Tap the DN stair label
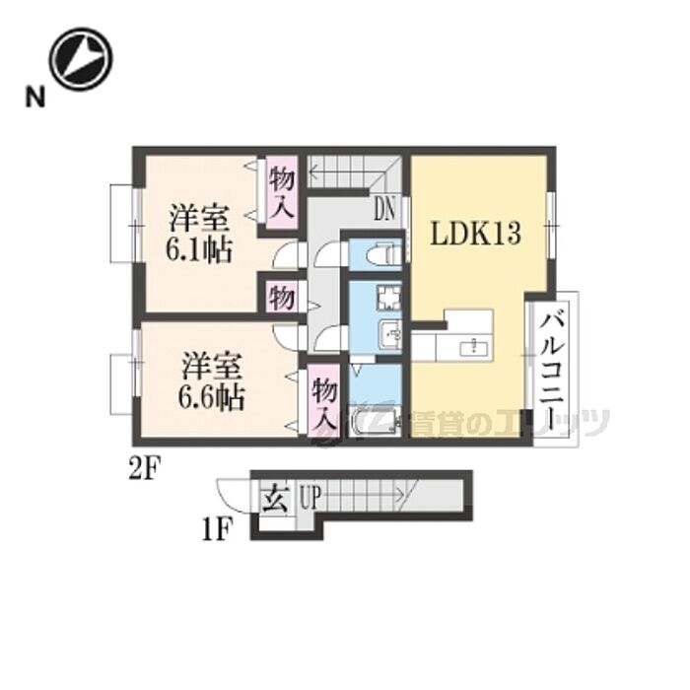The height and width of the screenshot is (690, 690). pyautogui.click(x=385, y=209)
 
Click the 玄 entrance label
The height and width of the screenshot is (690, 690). pyautogui.click(x=273, y=499)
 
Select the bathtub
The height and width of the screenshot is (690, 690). pyautogui.click(x=376, y=423)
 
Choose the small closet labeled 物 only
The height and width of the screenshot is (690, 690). pyautogui.click(x=280, y=296)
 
